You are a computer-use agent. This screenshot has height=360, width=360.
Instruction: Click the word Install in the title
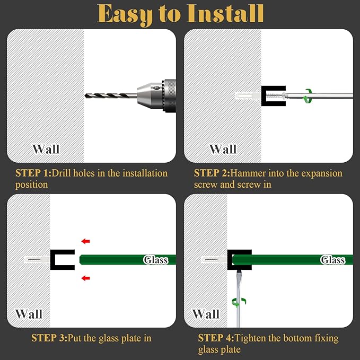click(225, 13)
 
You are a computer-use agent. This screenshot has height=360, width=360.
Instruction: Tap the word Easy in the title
click(125, 15)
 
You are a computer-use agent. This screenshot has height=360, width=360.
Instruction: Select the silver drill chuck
click(156, 95)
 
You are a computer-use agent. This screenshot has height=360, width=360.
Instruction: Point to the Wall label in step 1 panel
click(46, 149)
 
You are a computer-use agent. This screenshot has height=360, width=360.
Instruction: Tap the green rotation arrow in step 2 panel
click(307, 95)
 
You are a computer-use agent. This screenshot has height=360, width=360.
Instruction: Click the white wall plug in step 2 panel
click(248, 95)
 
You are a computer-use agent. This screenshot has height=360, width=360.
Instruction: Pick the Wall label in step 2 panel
click(223, 149)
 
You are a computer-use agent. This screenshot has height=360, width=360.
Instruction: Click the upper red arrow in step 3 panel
click(86, 241)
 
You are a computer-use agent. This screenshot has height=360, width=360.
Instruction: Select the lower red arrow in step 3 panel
click(86, 278)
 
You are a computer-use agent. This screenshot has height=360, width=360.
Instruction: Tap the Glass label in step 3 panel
click(156, 260)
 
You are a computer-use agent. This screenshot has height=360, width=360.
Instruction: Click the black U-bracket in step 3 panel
click(53, 260)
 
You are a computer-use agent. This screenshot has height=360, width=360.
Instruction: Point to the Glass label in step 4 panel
click(333, 260)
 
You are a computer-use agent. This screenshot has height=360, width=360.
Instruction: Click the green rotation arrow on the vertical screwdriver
click(239, 303)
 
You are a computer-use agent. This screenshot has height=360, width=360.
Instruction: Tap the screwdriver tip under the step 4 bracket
click(239, 271)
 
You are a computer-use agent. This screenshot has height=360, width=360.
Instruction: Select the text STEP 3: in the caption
click(49, 338)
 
